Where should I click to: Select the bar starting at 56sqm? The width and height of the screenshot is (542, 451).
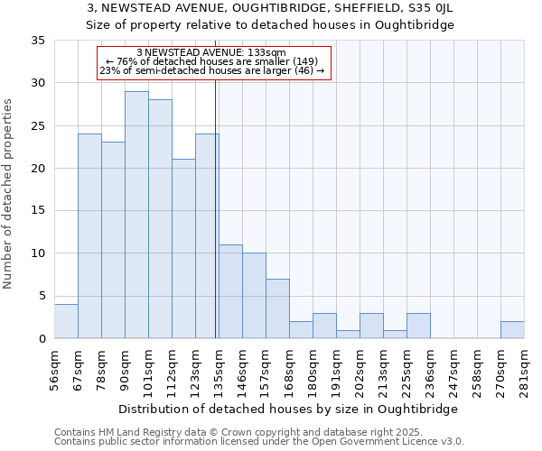[66, 321]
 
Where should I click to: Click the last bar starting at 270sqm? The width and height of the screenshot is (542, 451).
[512, 329]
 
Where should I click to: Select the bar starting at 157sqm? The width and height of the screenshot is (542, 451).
[277, 308]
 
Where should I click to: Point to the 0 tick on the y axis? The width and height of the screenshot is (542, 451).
[41, 338]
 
